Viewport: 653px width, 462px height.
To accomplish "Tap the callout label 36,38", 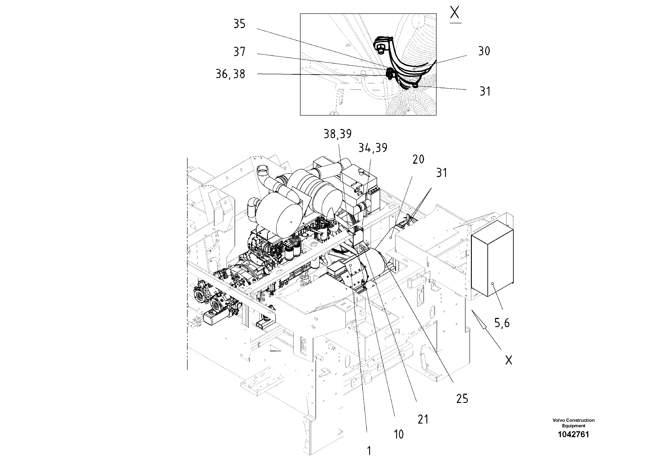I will point(230,74).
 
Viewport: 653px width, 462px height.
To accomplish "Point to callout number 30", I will point(484,51).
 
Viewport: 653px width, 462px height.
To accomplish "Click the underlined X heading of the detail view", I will point(455,13).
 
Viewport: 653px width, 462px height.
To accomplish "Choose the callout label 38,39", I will point(338,134).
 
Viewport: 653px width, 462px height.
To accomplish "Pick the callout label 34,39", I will point(373,148).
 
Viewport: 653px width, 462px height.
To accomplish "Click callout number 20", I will point(418,159).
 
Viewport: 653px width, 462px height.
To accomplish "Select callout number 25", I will point(462,399).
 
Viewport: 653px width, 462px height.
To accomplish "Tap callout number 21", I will point(423,419).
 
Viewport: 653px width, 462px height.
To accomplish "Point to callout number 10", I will point(399,434).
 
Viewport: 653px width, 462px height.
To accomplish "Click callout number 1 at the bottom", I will point(369,451).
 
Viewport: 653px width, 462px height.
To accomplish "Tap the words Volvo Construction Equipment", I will point(573,423).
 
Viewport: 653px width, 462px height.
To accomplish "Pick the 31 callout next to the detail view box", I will point(485,91).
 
